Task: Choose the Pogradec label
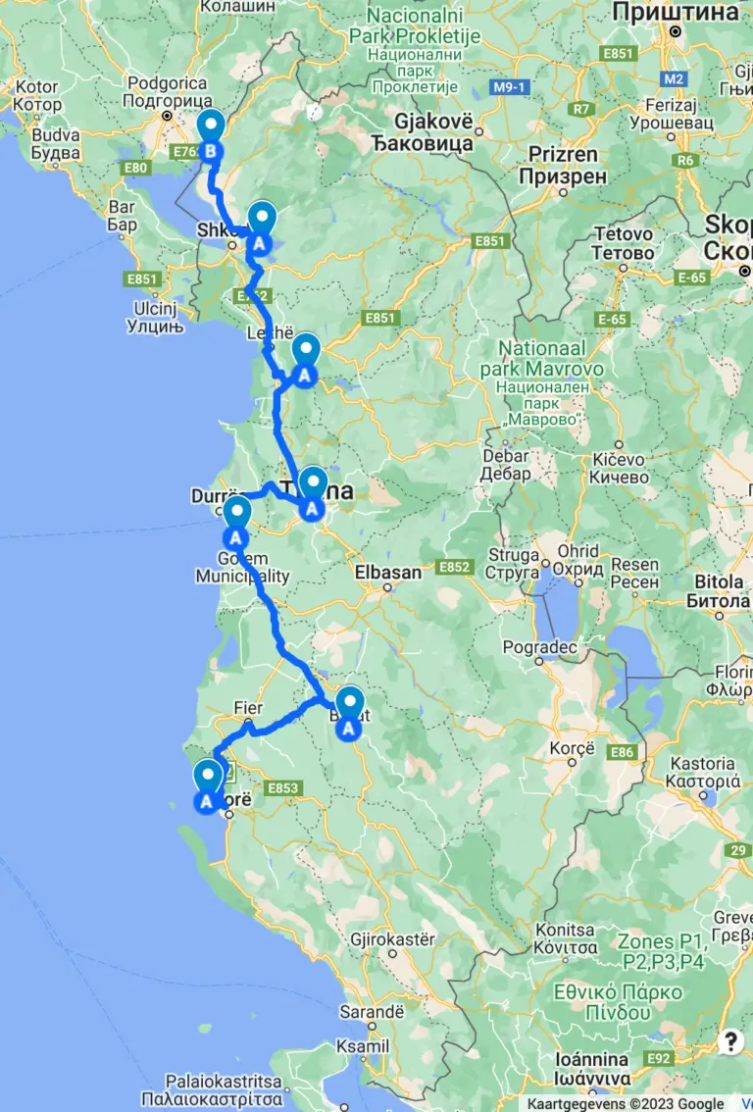click(x=541, y=646)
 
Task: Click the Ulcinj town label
click(x=157, y=306)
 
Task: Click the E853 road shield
click(x=281, y=787)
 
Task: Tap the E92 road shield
click(x=659, y=1057)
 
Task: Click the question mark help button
click(x=730, y=1041)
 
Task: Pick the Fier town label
click(x=249, y=707)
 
